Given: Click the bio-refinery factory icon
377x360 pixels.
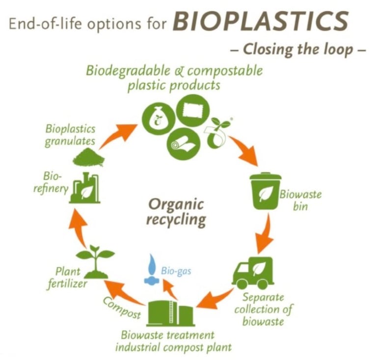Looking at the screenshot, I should [x=84, y=186].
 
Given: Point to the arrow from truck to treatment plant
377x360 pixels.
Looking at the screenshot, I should [x=216, y=299].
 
